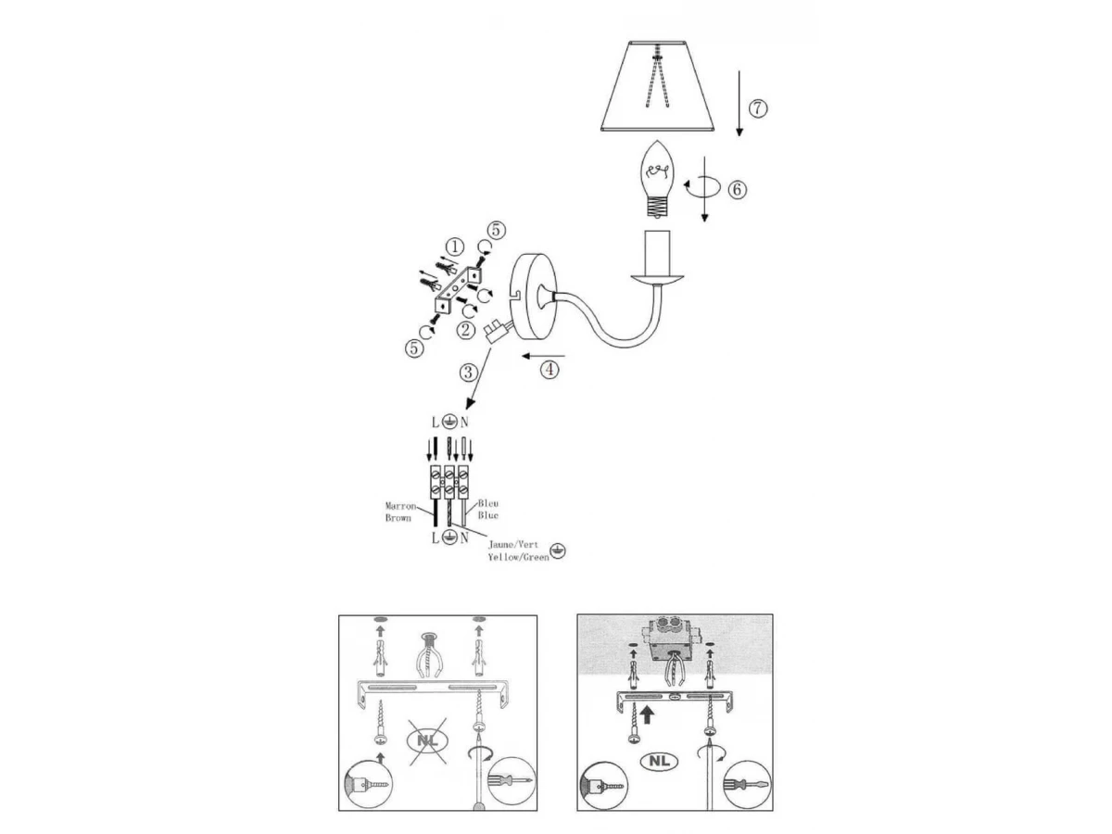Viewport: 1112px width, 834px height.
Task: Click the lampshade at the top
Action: coord(657,86)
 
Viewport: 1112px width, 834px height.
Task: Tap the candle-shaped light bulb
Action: coord(658,179)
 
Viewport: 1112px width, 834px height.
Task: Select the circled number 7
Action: coord(757,108)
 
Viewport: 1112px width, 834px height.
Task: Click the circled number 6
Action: coord(737,189)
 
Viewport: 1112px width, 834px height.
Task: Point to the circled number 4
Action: coord(550,369)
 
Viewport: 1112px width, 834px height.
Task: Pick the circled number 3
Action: coord(469,373)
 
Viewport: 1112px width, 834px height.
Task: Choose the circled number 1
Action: coord(454,247)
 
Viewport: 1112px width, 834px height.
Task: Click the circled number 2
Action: coord(465,330)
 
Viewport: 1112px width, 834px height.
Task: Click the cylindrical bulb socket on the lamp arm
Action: coord(657,252)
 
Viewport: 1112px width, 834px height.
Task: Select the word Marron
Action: coord(400,506)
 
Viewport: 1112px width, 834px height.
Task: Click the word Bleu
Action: coord(487,503)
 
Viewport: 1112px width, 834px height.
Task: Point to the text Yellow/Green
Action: coord(518,557)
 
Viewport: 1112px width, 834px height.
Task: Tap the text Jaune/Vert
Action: coord(513,545)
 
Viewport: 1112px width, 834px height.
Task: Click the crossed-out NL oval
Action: coord(427,740)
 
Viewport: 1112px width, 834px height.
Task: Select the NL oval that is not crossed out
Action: coord(659,760)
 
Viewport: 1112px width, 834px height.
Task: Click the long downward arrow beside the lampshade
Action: coord(739,103)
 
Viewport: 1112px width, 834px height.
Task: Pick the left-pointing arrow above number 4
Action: coord(543,356)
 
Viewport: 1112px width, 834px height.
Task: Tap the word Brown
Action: coord(398,518)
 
